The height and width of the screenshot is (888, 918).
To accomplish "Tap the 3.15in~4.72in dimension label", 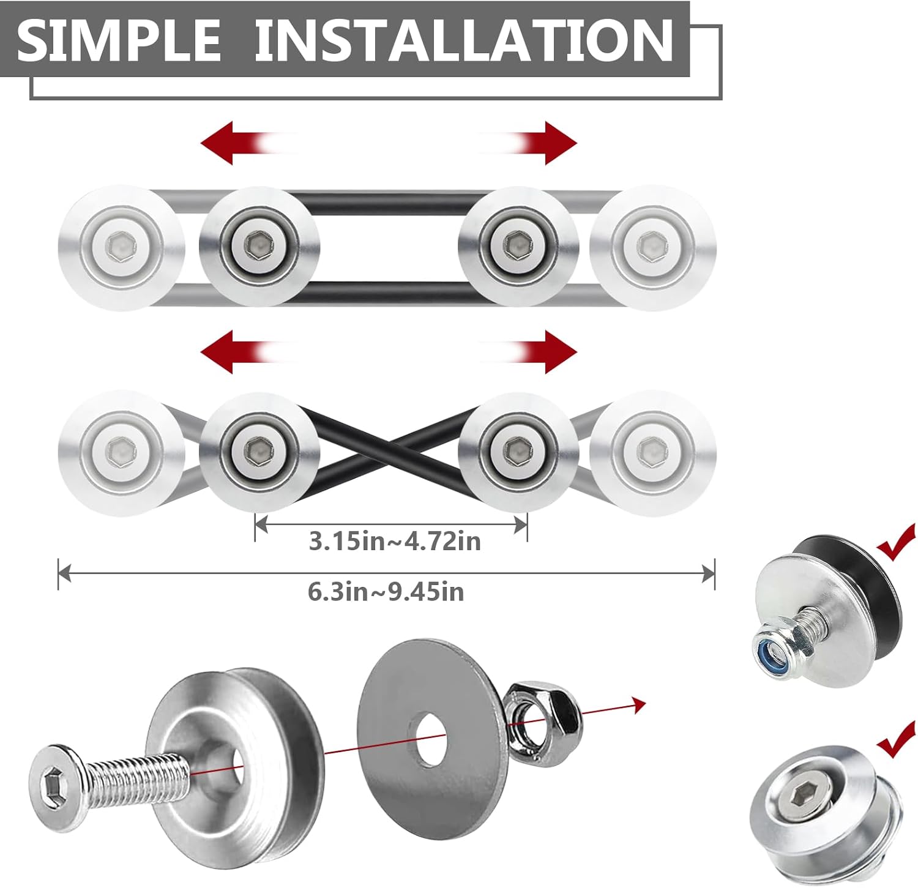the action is tap(395, 542).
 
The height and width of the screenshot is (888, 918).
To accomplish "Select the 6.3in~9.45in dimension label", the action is tap(386, 592).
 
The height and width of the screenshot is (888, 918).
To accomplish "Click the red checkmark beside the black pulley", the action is tap(897, 542).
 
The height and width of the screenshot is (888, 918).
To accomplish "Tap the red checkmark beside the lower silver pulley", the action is tap(897, 739).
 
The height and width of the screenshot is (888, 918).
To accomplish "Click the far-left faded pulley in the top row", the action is tap(122, 248).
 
